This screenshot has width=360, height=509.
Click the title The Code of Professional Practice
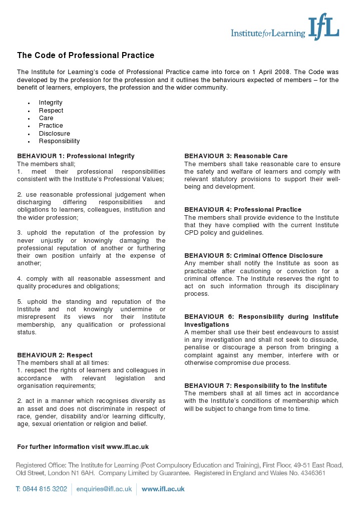point(86,55)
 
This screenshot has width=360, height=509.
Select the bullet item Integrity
point(51,103)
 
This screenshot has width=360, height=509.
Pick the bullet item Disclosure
point(55,134)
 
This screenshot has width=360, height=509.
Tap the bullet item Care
point(46,118)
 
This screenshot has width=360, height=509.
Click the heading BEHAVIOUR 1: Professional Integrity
point(76,156)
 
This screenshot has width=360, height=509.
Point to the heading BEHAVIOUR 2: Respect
point(55,355)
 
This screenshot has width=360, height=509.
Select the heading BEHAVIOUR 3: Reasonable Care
point(236,156)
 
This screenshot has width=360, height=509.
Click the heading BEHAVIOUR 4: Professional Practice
point(243,210)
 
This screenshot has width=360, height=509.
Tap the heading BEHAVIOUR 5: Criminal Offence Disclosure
point(253,256)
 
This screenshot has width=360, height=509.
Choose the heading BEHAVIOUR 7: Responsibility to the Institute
point(255,386)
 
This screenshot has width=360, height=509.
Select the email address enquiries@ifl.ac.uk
point(105,489)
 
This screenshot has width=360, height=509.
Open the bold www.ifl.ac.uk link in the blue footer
point(163,489)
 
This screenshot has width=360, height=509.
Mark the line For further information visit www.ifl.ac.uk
point(83,446)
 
